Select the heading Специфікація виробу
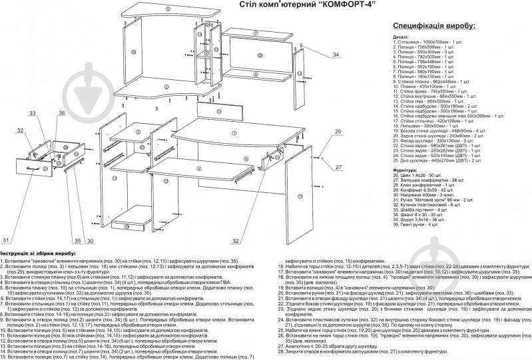(x=432, y=25)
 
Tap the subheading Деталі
(x=401, y=37)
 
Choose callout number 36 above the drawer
(x=61, y=114)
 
